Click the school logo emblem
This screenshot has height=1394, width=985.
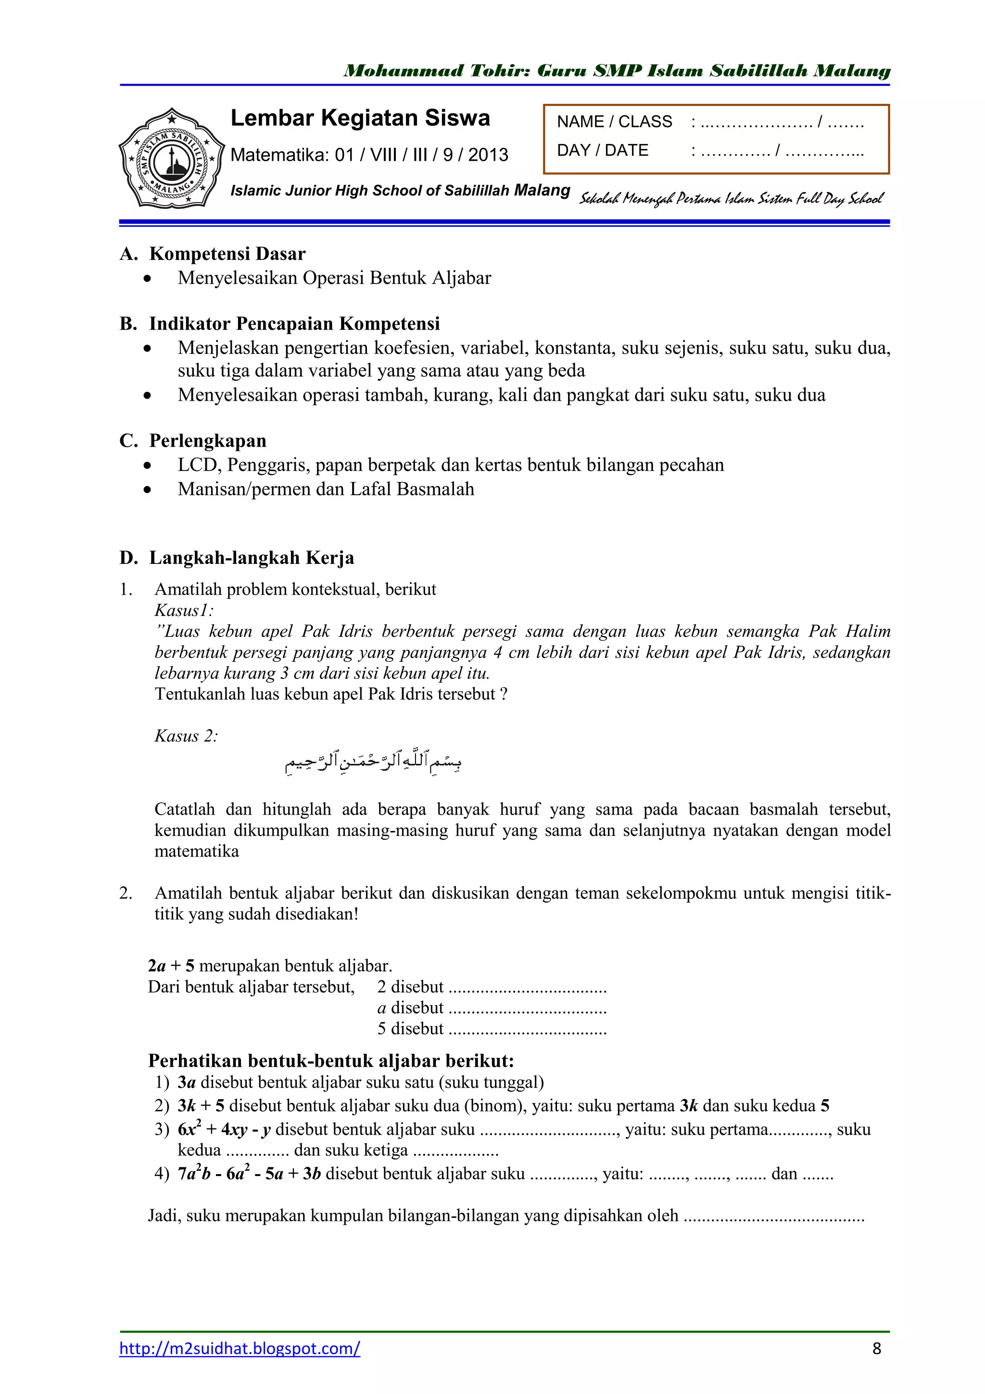(x=171, y=159)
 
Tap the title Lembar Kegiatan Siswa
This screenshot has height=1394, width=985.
(x=360, y=118)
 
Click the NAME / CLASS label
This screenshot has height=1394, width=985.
(x=614, y=122)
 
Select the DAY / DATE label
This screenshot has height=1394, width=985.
(x=602, y=150)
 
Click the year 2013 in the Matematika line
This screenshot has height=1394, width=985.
(x=488, y=155)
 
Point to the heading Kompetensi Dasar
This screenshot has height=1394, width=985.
(x=227, y=253)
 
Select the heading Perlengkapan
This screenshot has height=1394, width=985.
(x=208, y=440)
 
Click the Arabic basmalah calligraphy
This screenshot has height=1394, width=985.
(x=373, y=761)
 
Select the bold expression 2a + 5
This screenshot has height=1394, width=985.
(x=171, y=966)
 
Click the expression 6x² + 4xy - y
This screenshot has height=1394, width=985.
(x=224, y=1129)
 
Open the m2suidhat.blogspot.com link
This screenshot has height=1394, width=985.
(x=240, y=1348)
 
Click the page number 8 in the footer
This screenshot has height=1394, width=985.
(x=876, y=1348)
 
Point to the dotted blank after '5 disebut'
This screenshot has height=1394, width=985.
(x=528, y=1030)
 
